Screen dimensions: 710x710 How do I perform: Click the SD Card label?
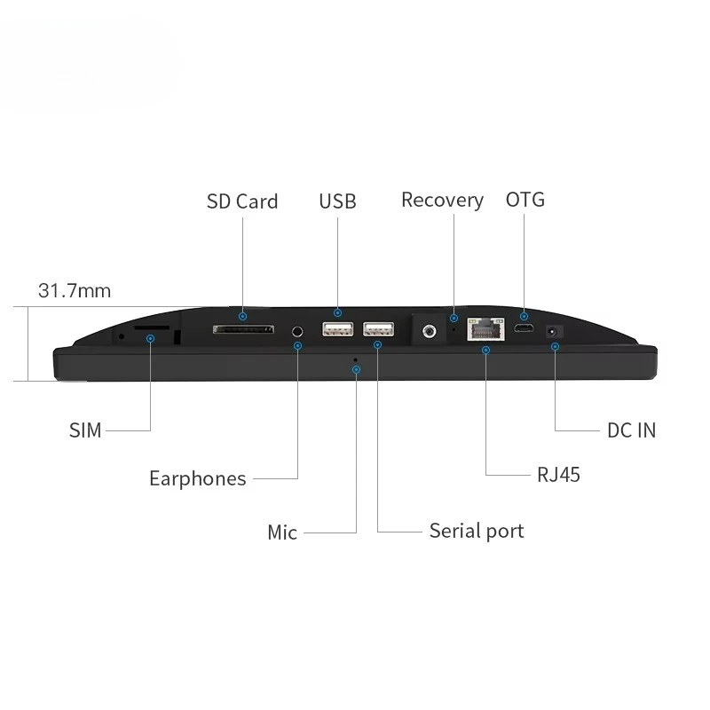(242, 201)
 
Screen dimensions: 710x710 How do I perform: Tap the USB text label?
(337, 201)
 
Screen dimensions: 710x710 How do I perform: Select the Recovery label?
(442, 201)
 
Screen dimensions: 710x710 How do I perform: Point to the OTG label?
(525, 200)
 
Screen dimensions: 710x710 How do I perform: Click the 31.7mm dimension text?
(75, 291)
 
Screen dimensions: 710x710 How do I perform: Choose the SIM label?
(85, 430)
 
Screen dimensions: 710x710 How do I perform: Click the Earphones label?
(198, 478)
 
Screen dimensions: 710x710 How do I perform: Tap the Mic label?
(282, 532)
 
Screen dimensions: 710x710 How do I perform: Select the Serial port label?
(477, 531)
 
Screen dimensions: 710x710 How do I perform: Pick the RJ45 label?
(558, 475)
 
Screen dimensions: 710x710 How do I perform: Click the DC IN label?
(631, 430)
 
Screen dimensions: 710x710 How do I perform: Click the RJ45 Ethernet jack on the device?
(485, 328)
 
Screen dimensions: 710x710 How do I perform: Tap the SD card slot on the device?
(243, 329)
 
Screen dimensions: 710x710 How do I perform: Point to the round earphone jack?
(297, 331)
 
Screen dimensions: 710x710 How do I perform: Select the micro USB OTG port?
(524, 328)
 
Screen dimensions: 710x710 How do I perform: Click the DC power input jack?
(553, 332)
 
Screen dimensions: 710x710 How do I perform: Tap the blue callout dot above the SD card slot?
(242, 316)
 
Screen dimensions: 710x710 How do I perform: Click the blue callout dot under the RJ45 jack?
(485, 350)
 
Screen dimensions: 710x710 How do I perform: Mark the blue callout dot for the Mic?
(357, 370)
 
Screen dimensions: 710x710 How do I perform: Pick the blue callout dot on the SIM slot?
(150, 339)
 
